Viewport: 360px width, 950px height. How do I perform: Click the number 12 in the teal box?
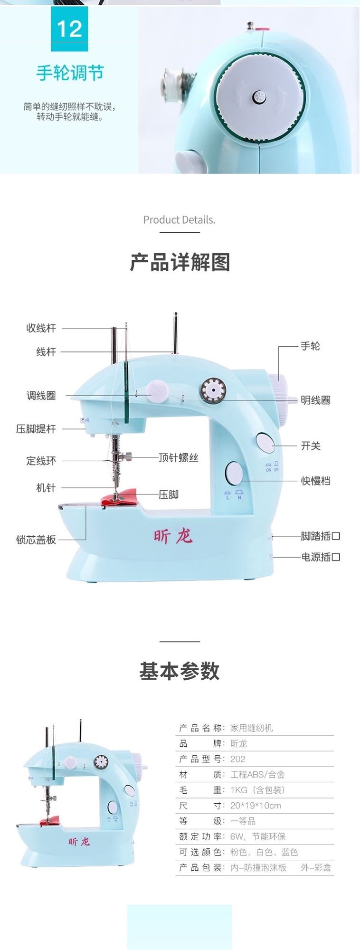coord(69,29)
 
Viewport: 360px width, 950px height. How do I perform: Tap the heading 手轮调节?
coord(70,73)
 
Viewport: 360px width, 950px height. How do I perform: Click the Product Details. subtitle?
coord(179,220)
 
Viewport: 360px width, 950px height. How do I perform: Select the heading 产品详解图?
coord(180,262)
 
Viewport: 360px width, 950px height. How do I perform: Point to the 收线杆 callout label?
coord(41,328)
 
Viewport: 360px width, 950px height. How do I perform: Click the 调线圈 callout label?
coord(41,396)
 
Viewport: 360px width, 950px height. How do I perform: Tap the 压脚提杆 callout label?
coord(36,429)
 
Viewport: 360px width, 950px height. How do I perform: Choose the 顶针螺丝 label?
coord(178,458)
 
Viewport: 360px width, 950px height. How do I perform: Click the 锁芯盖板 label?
coord(36,540)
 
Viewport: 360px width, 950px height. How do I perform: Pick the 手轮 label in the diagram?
coord(310,346)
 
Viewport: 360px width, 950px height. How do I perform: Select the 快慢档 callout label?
coord(315,481)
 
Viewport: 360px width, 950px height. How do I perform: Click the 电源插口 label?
coord(321,557)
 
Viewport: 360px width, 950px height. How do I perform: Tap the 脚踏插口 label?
coord(321,536)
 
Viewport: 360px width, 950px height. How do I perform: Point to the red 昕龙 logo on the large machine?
coord(173,536)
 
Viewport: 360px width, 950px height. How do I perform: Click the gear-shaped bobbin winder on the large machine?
coord(212,391)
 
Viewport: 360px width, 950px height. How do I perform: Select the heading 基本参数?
coord(180,671)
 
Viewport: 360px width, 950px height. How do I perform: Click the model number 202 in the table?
coord(238,759)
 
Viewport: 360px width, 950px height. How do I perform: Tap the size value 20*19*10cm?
coord(256,806)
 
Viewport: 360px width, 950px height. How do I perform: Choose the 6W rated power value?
coord(237,836)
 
